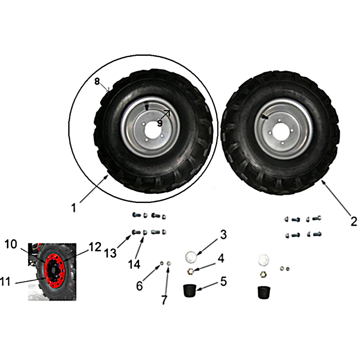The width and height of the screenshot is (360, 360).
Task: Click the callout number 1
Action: [73, 208]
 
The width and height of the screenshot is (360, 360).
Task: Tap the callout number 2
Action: [354, 221]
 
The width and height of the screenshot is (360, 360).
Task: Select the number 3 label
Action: [223, 234]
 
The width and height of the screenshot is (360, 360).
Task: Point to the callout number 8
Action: [97, 81]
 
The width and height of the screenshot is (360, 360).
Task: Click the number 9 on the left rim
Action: [160, 123]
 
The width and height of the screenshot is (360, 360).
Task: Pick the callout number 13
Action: [110, 253]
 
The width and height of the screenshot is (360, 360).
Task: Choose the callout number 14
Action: [134, 264]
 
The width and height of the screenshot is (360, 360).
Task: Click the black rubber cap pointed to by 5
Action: [190, 290]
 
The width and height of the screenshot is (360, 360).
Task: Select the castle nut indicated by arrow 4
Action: [191, 272]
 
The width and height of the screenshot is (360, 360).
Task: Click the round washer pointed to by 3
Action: [191, 256]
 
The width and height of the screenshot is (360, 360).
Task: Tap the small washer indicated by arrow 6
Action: [162, 263]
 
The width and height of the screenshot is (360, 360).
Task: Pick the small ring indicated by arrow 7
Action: [169, 263]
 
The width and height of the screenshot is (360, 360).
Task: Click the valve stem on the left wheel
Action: [147, 107]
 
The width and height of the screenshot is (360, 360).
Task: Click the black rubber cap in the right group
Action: [264, 292]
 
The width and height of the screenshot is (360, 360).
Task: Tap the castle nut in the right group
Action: [263, 274]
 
